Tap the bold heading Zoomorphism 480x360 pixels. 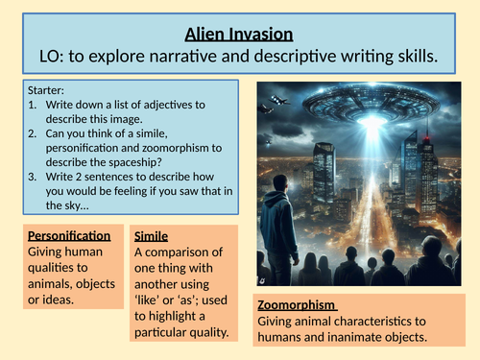tap(300, 305)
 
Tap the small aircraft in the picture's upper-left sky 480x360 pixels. tap(280, 99)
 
